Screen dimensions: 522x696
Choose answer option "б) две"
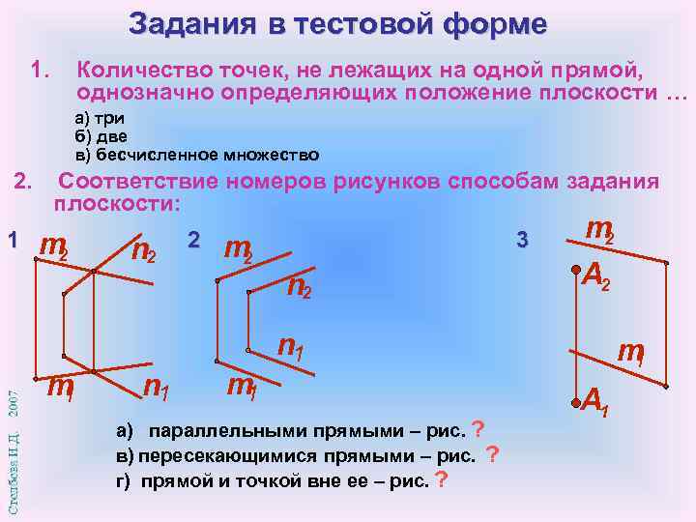(x=96, y=137)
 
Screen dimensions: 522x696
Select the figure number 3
(x=523, y=239)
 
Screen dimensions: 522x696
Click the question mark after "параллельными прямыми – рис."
(x=478, y=429)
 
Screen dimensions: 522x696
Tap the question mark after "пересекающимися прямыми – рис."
(x=493, y=454)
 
